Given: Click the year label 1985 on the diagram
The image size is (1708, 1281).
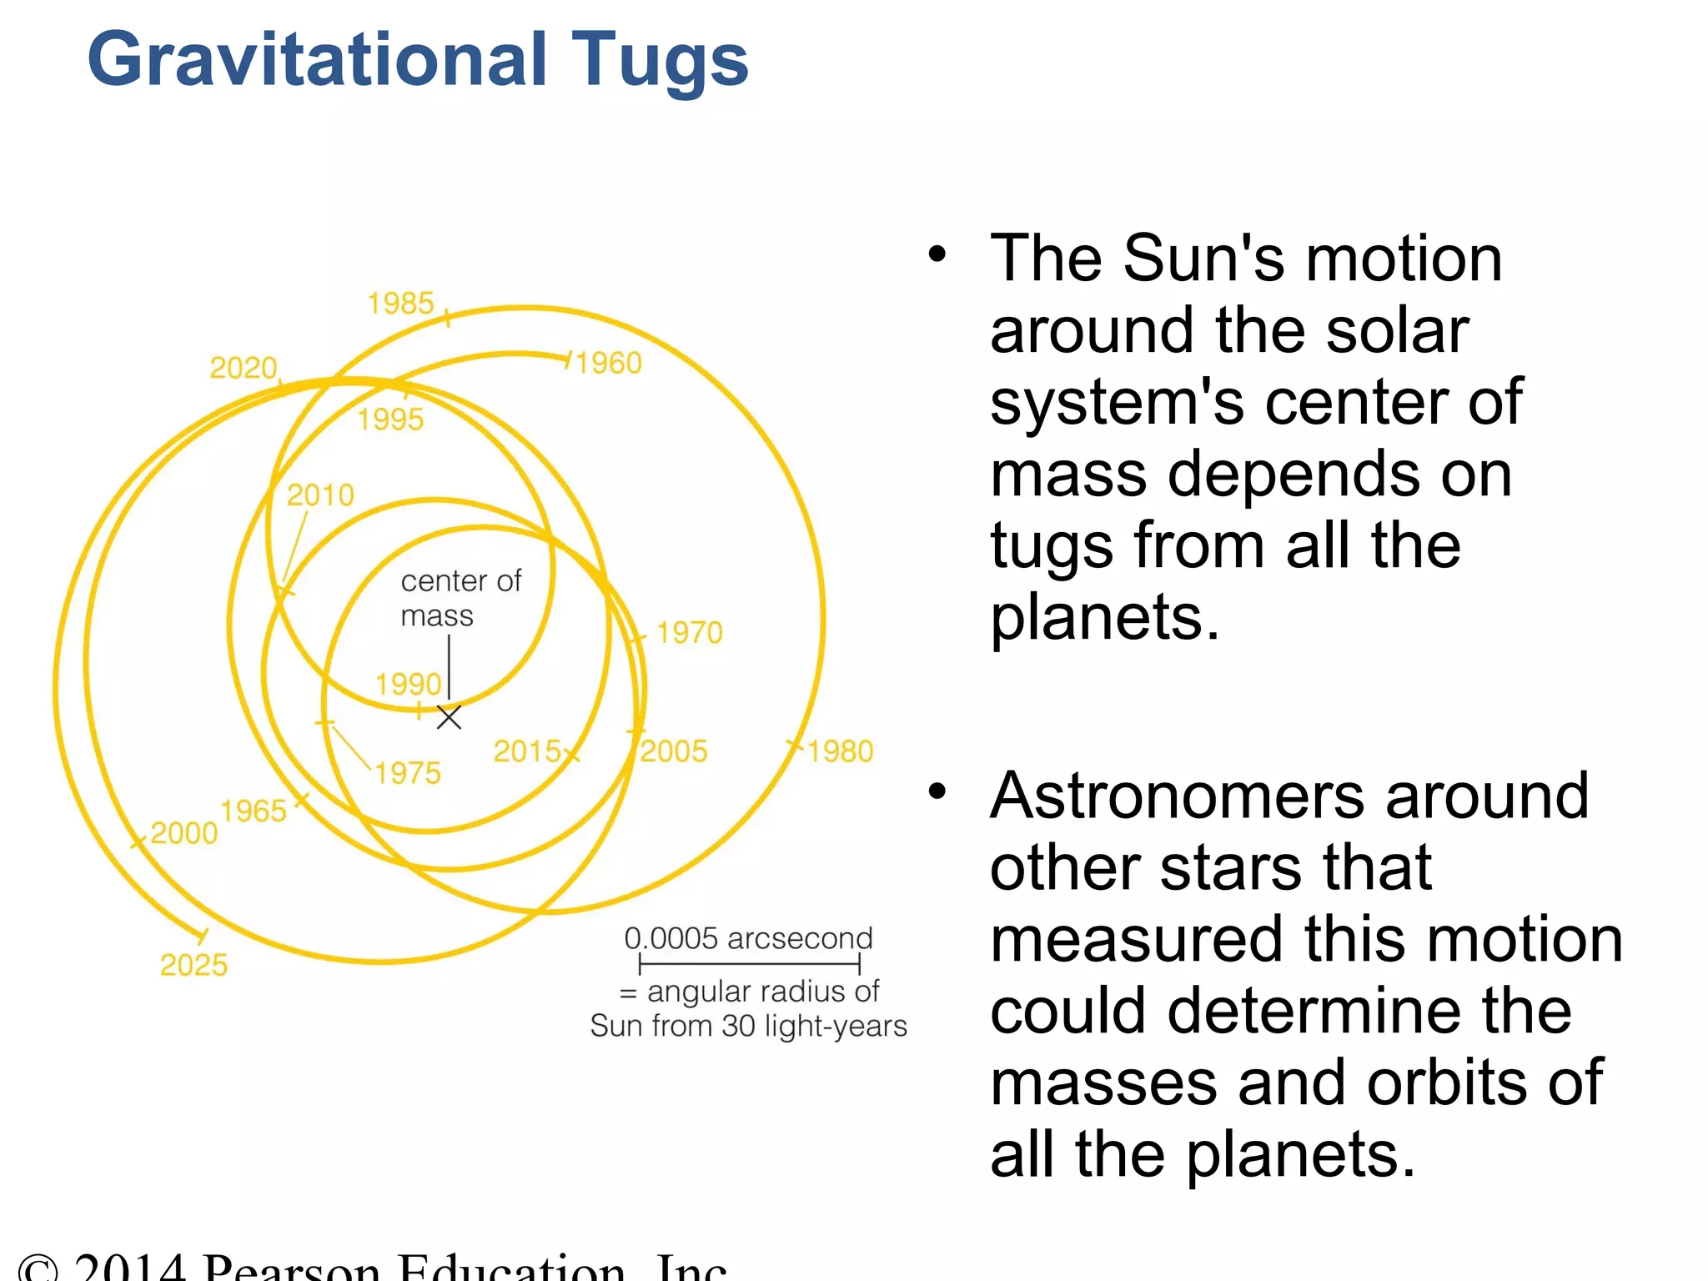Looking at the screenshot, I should (400, 303).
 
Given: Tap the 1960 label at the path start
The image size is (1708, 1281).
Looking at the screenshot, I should (609, 363).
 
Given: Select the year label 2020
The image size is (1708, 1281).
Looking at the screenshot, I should (243, 368).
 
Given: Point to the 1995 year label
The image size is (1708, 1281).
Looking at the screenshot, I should (390, 419).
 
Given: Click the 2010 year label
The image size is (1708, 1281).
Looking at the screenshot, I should (320, 495).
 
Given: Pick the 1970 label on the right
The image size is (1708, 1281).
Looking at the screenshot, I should (689, 633).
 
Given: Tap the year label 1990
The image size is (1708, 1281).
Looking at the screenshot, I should (408, 684).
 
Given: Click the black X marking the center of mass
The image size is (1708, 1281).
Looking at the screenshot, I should (449, 717).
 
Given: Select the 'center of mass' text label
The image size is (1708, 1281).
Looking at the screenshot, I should (460, 598).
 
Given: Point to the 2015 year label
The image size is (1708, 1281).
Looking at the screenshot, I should (527, 751).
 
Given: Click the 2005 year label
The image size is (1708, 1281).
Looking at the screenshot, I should (673, 751).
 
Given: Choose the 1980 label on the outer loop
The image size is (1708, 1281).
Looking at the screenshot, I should (840, 751).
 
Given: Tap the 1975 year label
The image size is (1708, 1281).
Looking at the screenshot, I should (407, 773).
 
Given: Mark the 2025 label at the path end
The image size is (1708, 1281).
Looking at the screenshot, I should (193, 965).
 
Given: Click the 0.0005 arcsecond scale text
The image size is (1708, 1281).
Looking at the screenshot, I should (748, 938).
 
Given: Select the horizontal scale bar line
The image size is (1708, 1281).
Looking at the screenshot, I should (749, 966).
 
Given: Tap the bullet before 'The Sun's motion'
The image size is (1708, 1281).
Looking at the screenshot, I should (937, 254).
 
